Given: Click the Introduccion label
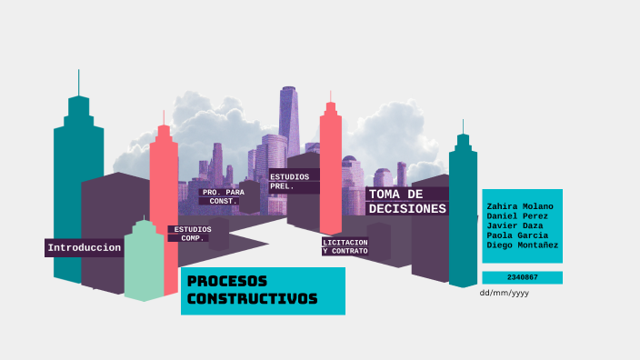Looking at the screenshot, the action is [84, 248].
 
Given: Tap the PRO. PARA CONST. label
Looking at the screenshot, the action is [223, 196].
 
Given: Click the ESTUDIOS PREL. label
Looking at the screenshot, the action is [289, 181].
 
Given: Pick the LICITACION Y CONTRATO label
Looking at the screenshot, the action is [345, 246].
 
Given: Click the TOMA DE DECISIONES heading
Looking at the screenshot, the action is [407, 201].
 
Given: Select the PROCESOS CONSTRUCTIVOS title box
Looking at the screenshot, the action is [263, 290].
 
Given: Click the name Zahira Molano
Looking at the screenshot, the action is [520, 206].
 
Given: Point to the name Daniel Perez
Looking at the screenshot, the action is [517, 216].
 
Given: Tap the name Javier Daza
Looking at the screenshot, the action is [515, 225].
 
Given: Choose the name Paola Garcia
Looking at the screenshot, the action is [517, 235].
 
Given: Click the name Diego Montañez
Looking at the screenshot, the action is [523, 245].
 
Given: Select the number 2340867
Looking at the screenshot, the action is [522, 277].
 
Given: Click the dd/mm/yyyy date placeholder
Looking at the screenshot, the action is [504, 293].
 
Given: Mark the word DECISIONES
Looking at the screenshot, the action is [407, 208].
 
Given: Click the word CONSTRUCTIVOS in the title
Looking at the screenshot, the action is [252, 299].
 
